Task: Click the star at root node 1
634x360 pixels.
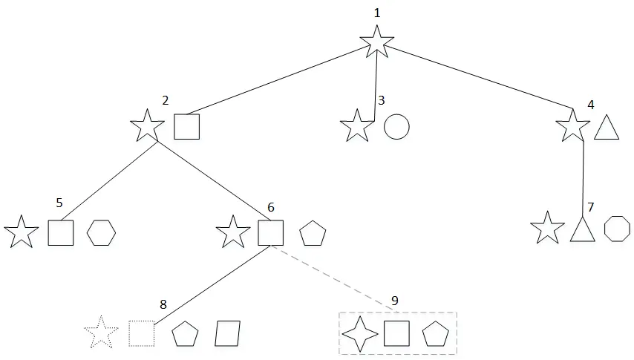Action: point(376,42)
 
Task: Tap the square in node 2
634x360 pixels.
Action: point(186,126)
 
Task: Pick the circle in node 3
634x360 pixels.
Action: point(396,126)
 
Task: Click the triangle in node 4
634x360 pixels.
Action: point(607,128)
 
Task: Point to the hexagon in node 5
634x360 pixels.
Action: point(102,232)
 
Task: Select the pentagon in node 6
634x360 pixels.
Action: point(313,234)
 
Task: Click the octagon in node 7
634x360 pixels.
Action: point(617,229)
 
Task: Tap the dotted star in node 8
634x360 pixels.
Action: point(102,333)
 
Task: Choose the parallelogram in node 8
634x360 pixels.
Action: point(227,333)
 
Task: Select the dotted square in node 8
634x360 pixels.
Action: point(141,333)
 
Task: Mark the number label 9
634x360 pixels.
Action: point(394,301)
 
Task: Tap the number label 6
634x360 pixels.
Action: point(270,207)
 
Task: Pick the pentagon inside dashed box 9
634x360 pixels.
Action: point(436,336)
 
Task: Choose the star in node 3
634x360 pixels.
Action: point(357,127)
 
